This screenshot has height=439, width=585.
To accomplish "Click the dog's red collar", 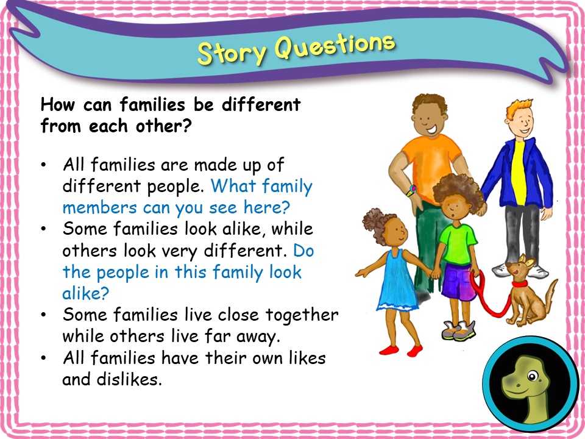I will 519,284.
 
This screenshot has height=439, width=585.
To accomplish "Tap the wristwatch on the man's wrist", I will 412,190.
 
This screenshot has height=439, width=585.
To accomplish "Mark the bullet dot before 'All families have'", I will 44,358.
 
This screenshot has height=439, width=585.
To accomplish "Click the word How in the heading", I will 57,104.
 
